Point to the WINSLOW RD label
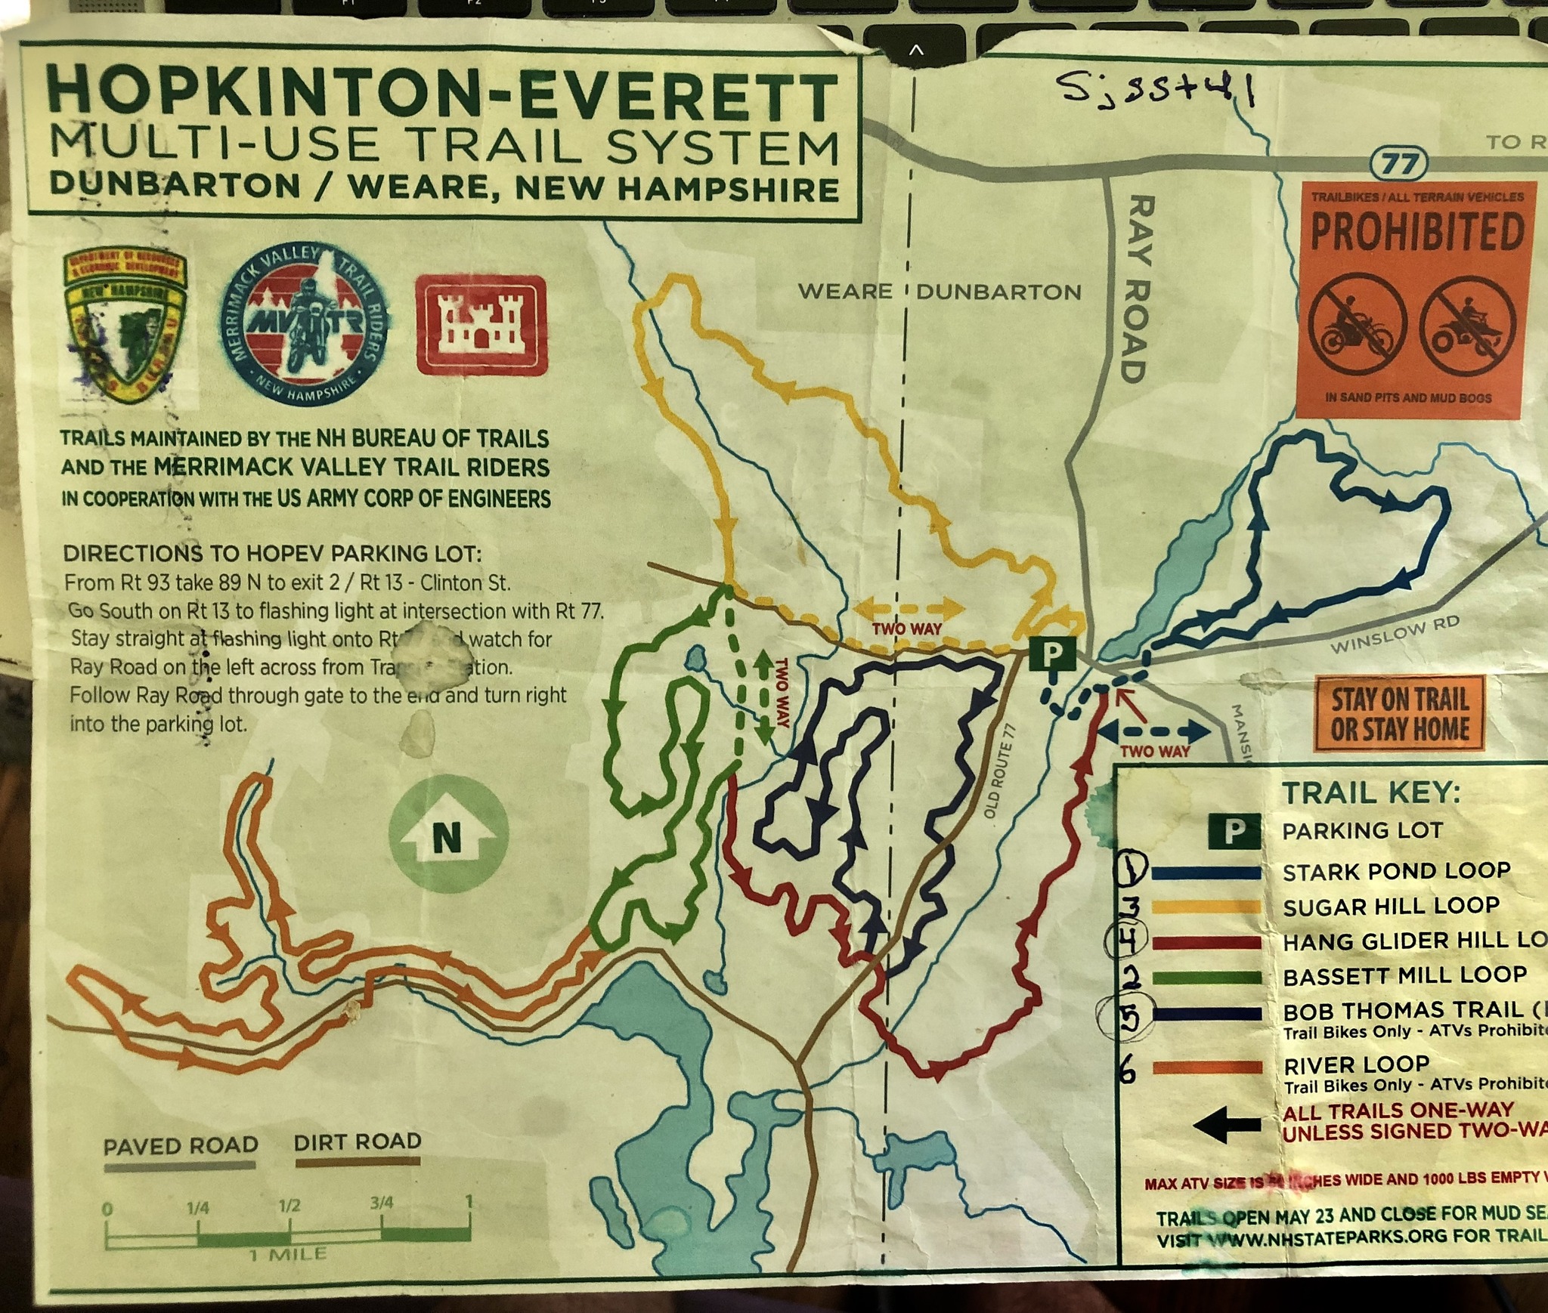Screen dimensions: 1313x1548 tap(1394, 635)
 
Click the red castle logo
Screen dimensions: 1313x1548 tap(481, 325)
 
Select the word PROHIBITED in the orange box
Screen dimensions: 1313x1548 tap(1416, 233)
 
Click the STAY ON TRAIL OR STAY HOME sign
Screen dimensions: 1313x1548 tap(1400, 715)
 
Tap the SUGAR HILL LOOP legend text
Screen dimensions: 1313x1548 tap(1390, 906)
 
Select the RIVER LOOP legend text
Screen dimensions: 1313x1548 tap(1356, 1065)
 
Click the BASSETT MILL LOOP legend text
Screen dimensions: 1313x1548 tap(1404, 975)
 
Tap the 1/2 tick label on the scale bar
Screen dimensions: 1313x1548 tap(289, 1205)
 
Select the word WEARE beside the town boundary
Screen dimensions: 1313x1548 tap(844, 292)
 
